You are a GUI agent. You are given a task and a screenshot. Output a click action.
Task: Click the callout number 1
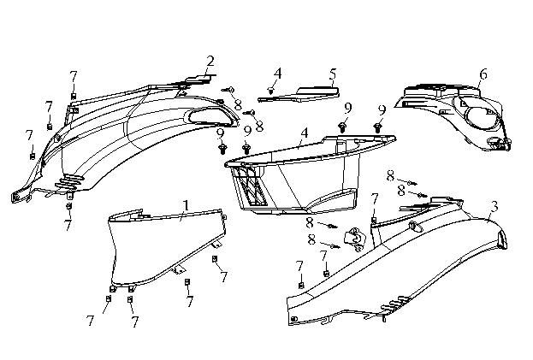pos(187,205)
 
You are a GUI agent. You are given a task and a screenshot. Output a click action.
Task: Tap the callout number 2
pos(210,61)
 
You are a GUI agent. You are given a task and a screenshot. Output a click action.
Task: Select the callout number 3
pos(495,206)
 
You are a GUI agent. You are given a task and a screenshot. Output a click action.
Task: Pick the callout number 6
pos(483,74)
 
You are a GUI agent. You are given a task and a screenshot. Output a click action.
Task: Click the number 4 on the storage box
pos(304,134)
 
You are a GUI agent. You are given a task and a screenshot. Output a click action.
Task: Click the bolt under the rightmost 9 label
pos(378,127)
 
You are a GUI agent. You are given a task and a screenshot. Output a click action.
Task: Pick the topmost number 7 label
pos(74,76)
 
